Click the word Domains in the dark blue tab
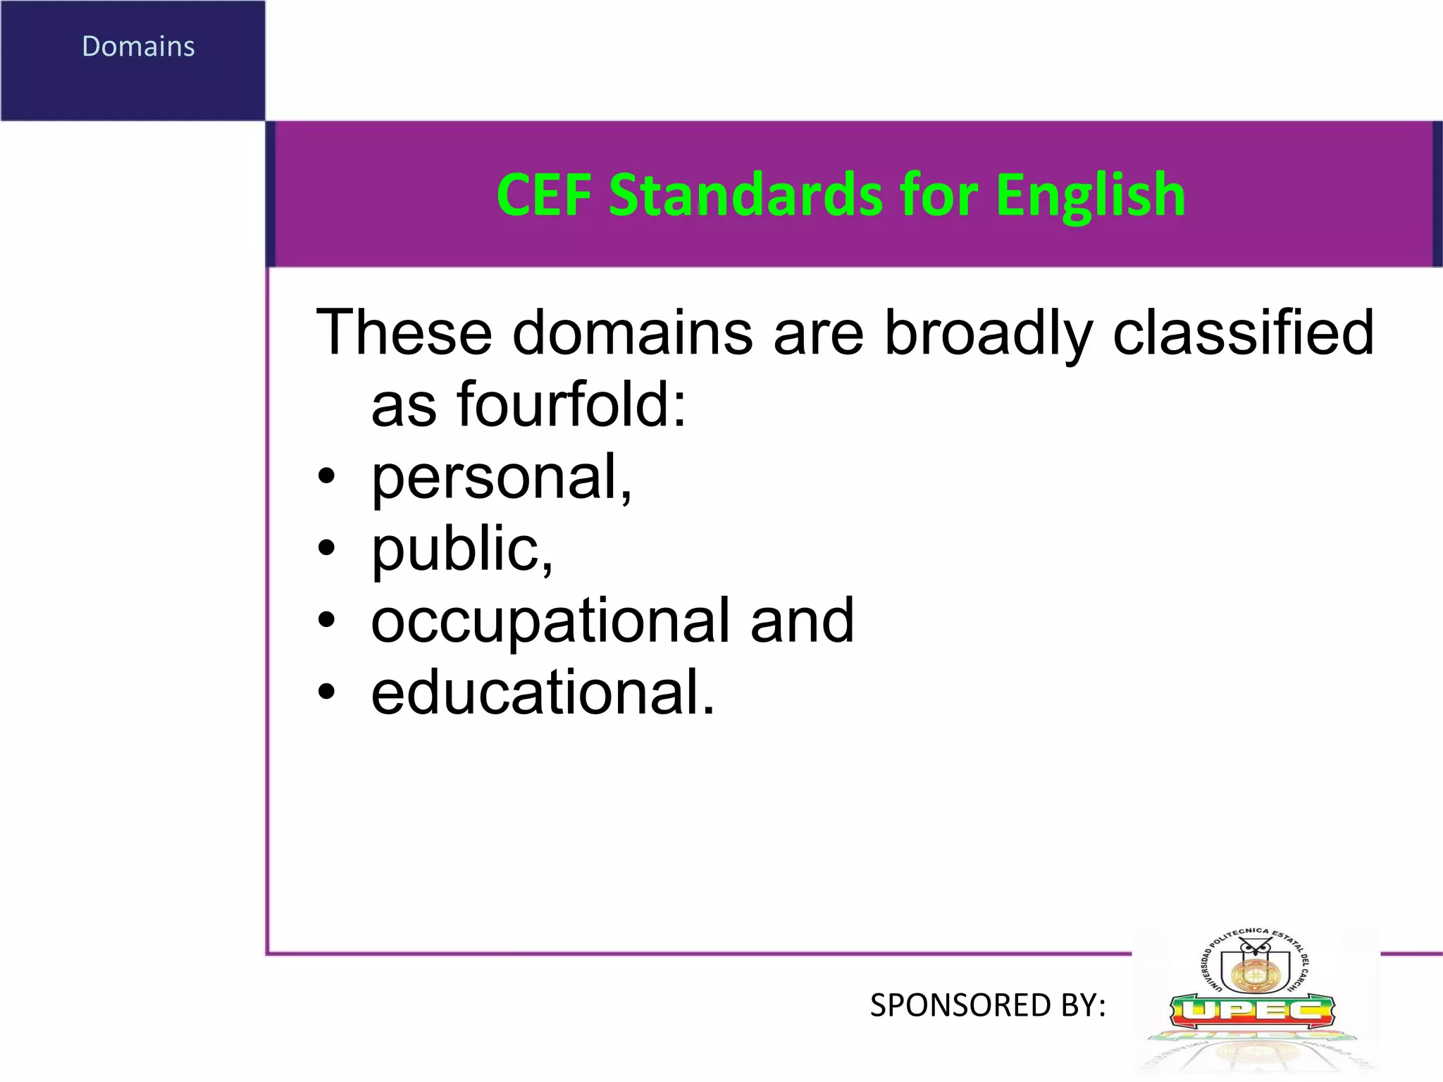pyautogui.click(x=138, y=46)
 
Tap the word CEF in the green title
pyautogui.click(x=543, y=195)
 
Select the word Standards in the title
pyautogui.click(x=745, y=195)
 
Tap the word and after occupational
pyautogui.click(x=802, y=621)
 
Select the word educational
pyautogui.click(x=543, y=693)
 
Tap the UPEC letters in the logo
pyautogui.click(x=1252, y=1012)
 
